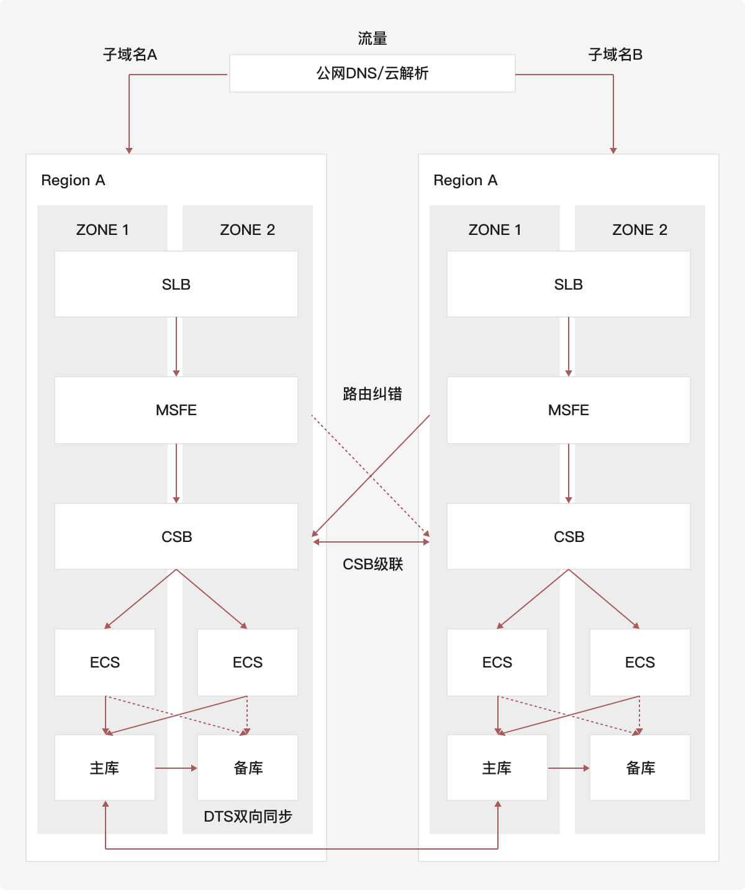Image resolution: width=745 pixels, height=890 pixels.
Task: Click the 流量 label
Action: (x=372, y=39)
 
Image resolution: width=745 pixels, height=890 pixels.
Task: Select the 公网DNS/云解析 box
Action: (x=372, y=73)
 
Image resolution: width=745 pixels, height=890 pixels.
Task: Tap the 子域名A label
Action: (x=130, y=55)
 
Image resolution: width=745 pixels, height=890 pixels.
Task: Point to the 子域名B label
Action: (x=615, y=55)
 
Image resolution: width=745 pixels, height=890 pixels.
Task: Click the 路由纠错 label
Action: (x=372, y=393)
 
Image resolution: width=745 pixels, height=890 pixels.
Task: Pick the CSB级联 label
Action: (x=372, y=564)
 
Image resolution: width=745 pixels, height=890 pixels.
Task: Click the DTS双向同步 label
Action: (x=248, y=816)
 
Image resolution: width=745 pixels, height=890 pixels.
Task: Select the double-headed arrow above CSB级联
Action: (x=371, y=542)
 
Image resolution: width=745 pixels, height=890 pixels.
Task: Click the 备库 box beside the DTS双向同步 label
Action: (x=248, y=768)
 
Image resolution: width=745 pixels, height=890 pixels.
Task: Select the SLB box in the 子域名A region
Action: (x=176, y=284)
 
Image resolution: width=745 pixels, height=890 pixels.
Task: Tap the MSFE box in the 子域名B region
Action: (x=568, y=410)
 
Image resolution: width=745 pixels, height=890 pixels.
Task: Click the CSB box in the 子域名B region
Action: (x=568, y=536)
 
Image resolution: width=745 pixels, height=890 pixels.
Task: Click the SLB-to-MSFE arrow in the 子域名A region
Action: (x=176, y=346)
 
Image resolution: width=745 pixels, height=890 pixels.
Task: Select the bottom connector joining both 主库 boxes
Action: (x=302, y=848)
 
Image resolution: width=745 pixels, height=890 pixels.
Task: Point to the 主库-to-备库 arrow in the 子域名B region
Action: (x=568, y=768)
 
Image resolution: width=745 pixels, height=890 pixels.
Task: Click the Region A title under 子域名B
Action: (x=465, y=180)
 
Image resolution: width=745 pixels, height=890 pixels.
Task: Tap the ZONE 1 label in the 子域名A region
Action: (x=102, y=230)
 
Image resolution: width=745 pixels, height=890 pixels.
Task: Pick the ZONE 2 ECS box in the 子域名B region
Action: (x=639, y=662)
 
